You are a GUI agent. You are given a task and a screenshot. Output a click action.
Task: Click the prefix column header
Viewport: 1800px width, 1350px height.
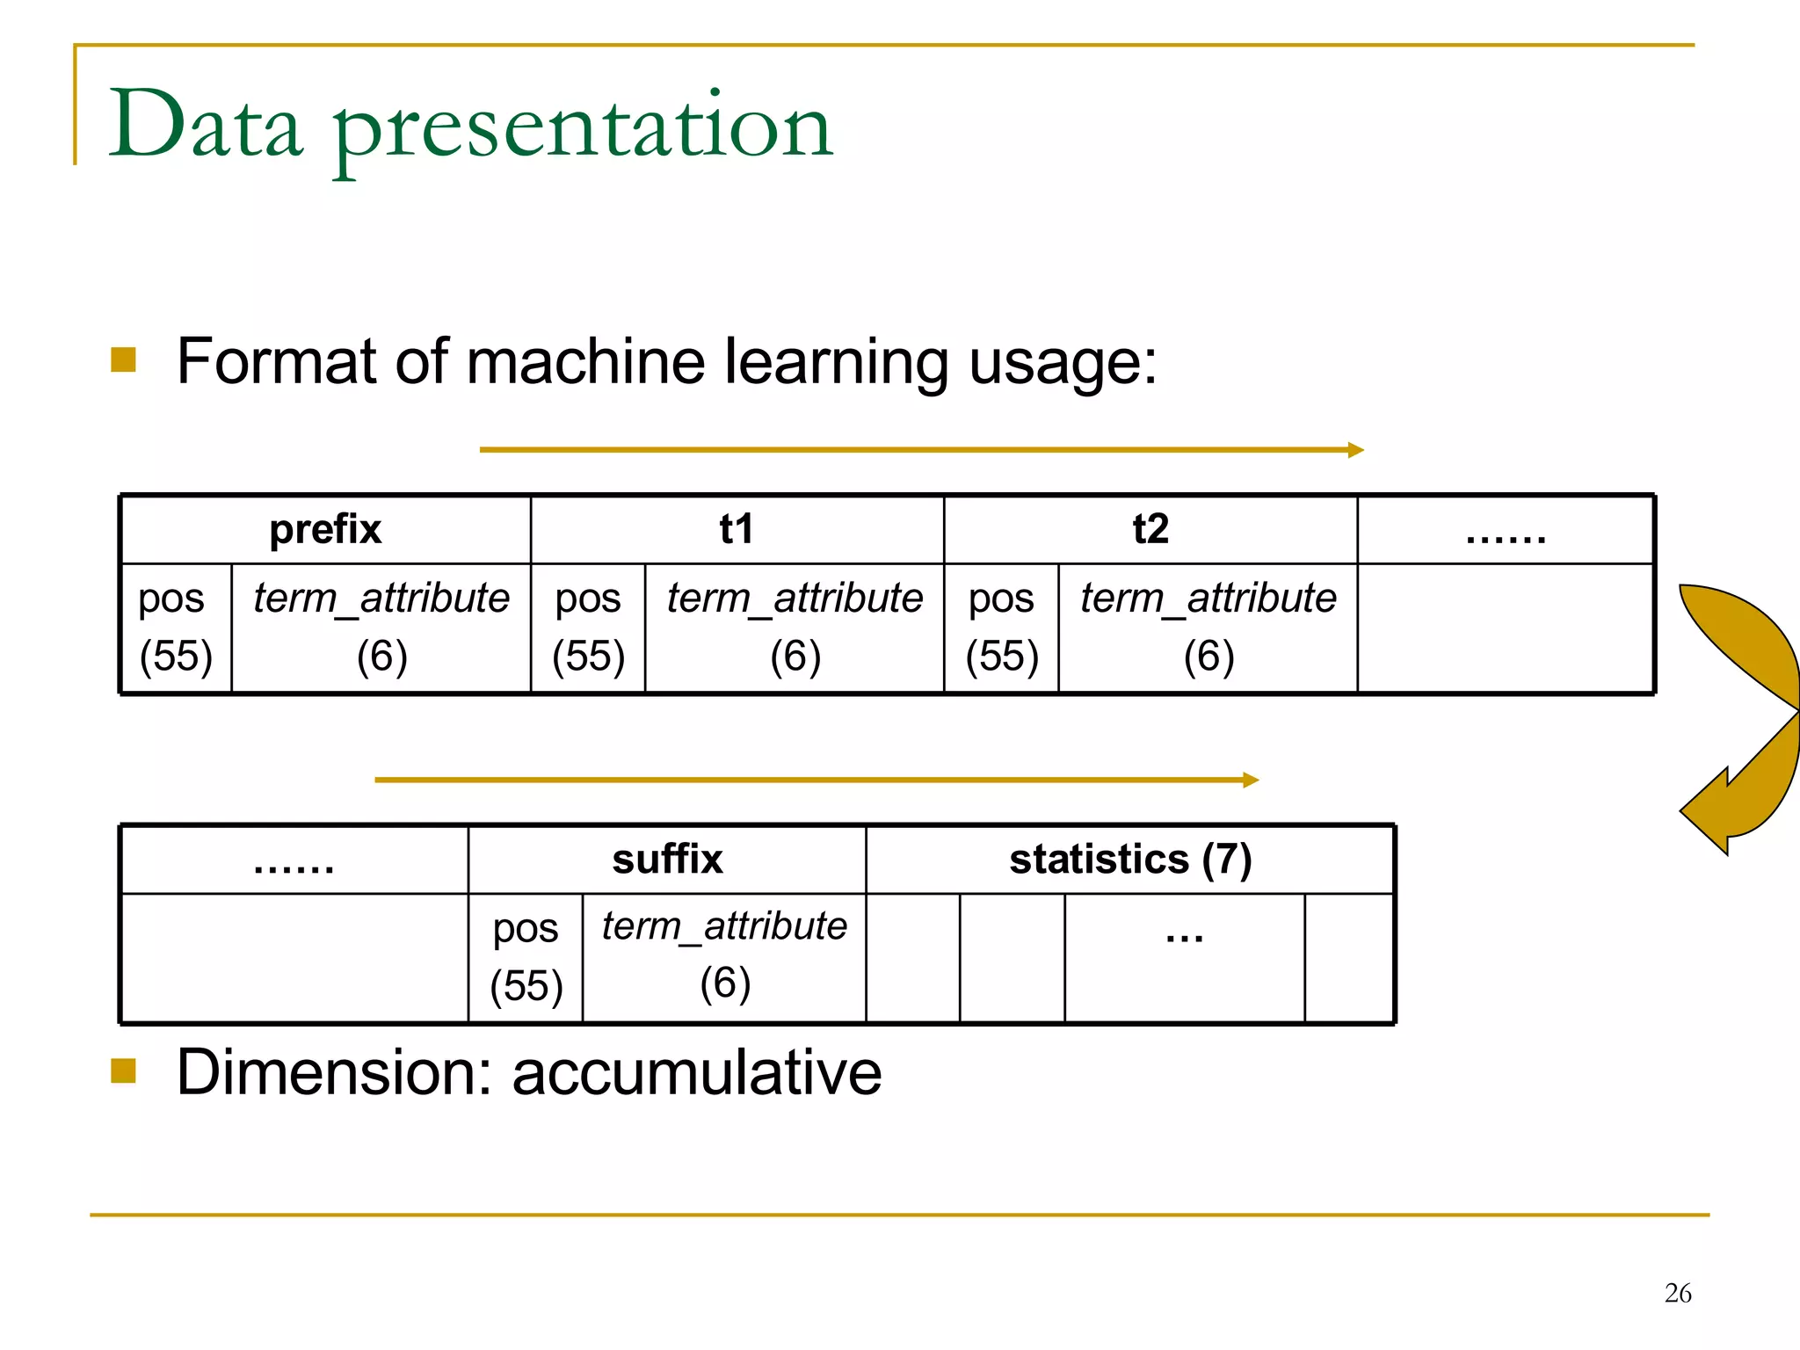325,530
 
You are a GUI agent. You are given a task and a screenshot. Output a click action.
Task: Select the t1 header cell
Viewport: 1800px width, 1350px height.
737,530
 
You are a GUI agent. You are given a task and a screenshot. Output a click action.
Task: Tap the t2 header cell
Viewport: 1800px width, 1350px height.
1150,530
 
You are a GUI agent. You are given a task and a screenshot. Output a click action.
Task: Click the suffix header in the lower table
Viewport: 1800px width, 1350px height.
667,860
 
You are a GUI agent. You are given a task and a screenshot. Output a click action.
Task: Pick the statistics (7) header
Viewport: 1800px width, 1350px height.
1130,860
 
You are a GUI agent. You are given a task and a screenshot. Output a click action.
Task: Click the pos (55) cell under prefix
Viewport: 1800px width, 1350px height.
176,628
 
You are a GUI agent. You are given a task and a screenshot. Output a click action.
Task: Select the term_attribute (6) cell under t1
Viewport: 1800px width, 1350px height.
795,628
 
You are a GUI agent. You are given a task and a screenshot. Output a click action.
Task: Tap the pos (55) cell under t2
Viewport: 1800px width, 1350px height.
1001,628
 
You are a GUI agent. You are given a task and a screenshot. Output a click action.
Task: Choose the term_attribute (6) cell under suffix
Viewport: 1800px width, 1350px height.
724,956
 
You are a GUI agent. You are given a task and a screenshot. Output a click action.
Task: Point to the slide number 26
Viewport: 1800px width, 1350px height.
1677,1293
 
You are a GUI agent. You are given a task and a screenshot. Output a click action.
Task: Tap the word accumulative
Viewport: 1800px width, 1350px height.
696,1073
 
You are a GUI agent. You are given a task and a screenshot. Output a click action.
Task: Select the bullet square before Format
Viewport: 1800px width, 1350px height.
124,359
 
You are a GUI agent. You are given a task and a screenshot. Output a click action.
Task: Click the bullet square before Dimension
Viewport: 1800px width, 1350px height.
124,1071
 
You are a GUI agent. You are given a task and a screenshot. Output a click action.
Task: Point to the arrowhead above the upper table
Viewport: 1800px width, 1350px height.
1355,450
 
